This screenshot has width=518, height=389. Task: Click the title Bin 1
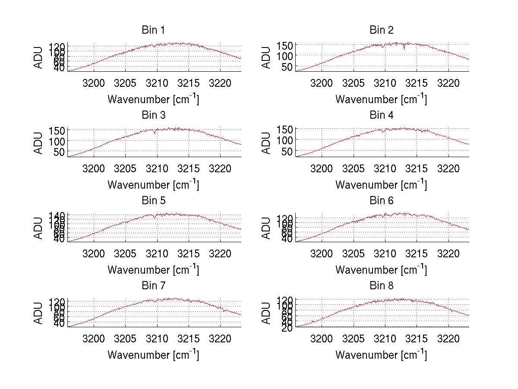pos(153,30)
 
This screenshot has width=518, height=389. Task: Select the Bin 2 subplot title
pos(382,30)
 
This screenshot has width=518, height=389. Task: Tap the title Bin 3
pos(153,115)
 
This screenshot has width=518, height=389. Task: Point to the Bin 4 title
pos(382,115)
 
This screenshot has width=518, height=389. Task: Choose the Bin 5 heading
pos(153,200)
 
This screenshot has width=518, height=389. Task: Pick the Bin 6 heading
pos(382,200)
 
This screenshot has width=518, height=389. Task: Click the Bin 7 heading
pos(153,285)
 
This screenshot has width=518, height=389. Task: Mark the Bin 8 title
pos(382,285)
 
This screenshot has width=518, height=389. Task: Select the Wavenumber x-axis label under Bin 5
pos(153,269)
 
